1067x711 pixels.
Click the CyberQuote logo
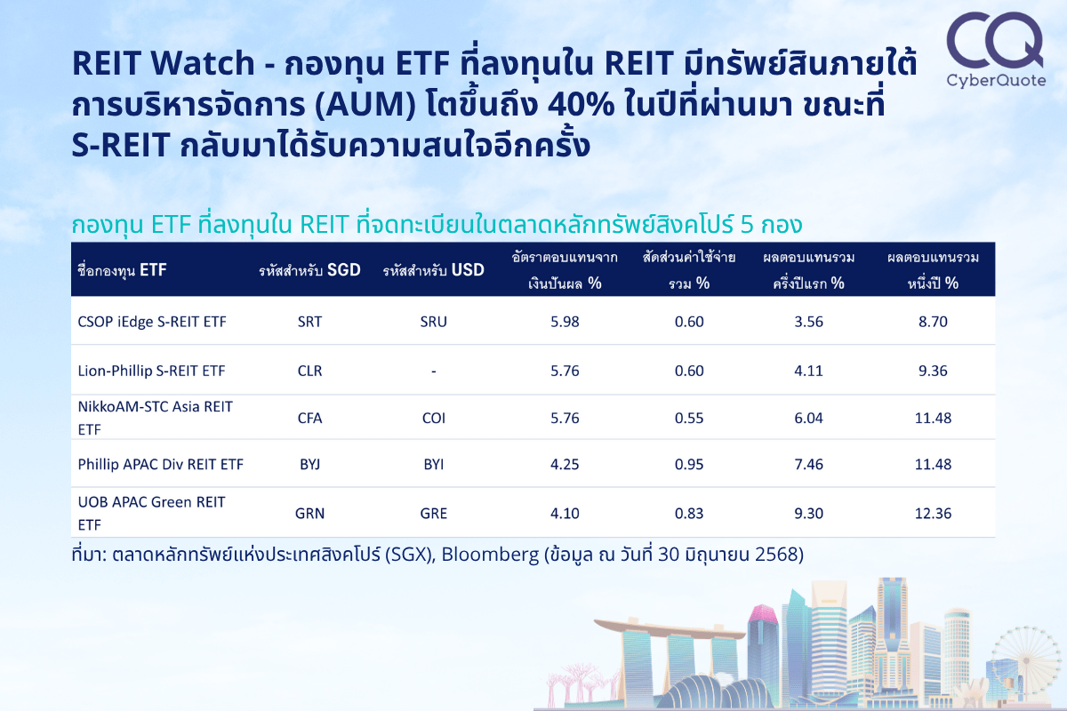pos(996,50)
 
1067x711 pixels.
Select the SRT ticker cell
pos(309,322)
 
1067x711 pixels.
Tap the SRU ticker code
pos(434,322)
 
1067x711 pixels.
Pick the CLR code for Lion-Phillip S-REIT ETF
pos(309,371)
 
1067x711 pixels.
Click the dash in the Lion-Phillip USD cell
pos(434,371)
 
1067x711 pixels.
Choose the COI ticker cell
pos(434,418)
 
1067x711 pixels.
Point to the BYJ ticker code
pos(309,464)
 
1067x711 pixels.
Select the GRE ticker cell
pos(434,514)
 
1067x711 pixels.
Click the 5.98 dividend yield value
pos(565,322)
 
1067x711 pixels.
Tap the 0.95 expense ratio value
pos(689,464)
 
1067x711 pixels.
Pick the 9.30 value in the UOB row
pos(808,514)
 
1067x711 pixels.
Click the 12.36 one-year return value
pos(933,514)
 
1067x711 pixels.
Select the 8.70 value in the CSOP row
pos(933,322)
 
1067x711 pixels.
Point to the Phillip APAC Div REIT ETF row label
pos(161,464)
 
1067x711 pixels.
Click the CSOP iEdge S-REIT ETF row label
pos(152,322)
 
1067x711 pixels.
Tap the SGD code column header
pos(309,270)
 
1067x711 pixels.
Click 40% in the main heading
pos(582,104)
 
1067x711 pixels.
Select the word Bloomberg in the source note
pos(490,555)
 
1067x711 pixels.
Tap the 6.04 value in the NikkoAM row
pos(808,418)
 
